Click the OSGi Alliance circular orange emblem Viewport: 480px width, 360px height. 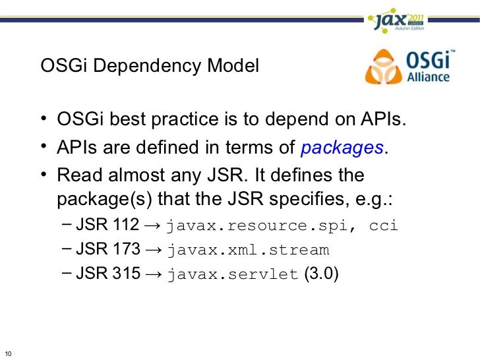tap(382, 67)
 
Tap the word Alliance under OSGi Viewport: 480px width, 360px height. tap(427, 76)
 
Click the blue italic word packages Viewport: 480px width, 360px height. tap(342, 148)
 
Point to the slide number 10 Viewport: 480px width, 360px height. tap(7, 350)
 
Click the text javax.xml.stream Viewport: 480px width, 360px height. tap(248, 251)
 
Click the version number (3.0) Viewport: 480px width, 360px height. tap(322, 274)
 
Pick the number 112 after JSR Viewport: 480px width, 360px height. tap(127, 225)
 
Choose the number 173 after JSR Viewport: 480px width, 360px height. tap(127, 250)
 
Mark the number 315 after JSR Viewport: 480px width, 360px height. tap(127, 274)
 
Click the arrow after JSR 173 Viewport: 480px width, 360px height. tap(154, 251)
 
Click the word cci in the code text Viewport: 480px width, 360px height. tap(384, 225)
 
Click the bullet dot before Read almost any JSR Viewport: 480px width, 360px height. tap(42, 175)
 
